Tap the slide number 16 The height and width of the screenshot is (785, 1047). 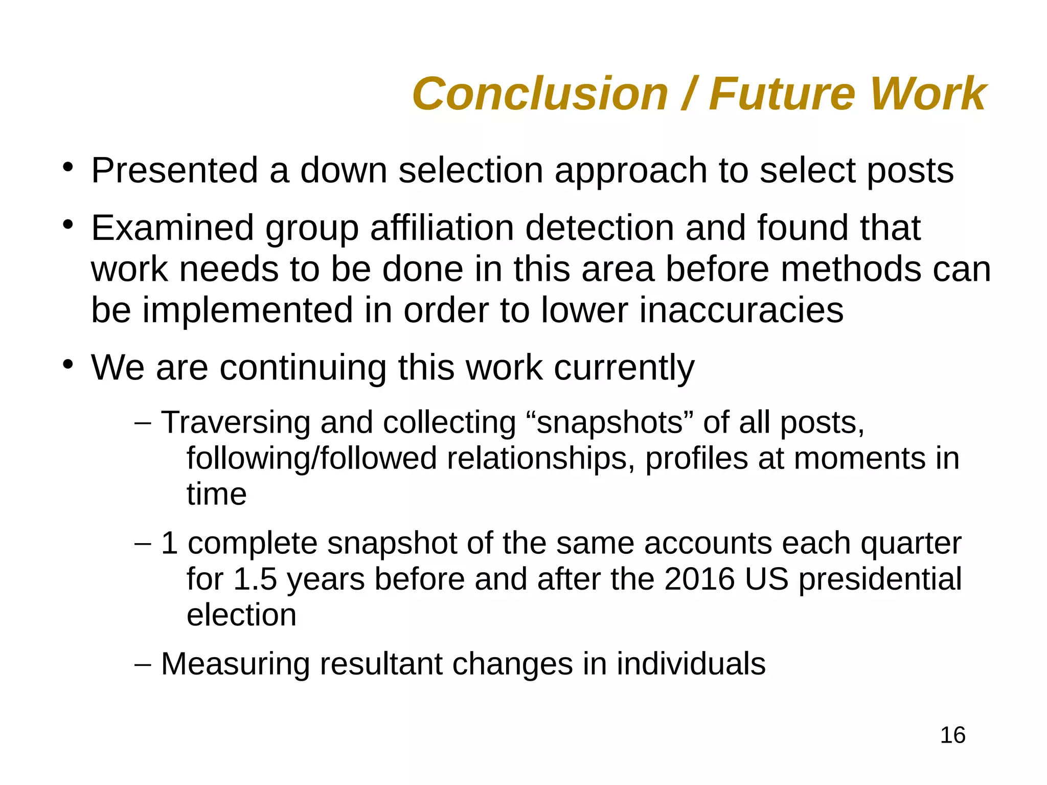click(x=952, y=735)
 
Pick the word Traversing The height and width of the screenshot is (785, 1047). click(x=236, y=423)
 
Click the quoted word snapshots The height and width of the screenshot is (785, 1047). click(x=609, y=423)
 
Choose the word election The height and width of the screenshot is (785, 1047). click(x=241, y=615)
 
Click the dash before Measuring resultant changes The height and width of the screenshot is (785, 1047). click(x=143, y=665)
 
